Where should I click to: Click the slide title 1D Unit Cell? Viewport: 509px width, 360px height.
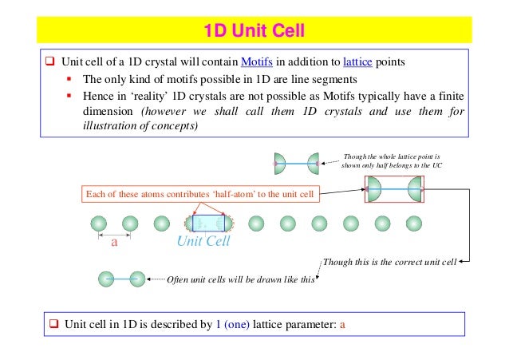(x=254, y=32)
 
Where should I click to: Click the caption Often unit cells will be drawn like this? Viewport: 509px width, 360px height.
(x=241, y=279)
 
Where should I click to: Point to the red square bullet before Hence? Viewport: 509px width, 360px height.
(x=70, y=97)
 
